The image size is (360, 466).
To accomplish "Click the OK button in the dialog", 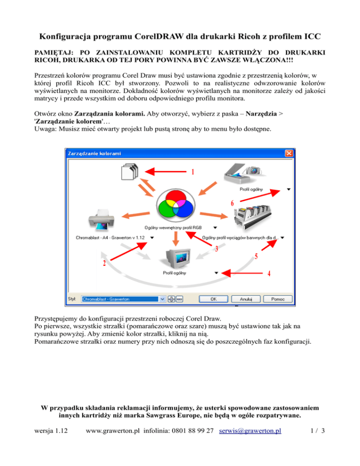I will [212, 298].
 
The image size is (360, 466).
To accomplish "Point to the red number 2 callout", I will [104, 264].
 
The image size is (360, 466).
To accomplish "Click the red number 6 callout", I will [232, 203].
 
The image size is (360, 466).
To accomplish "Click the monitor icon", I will [175, 257].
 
